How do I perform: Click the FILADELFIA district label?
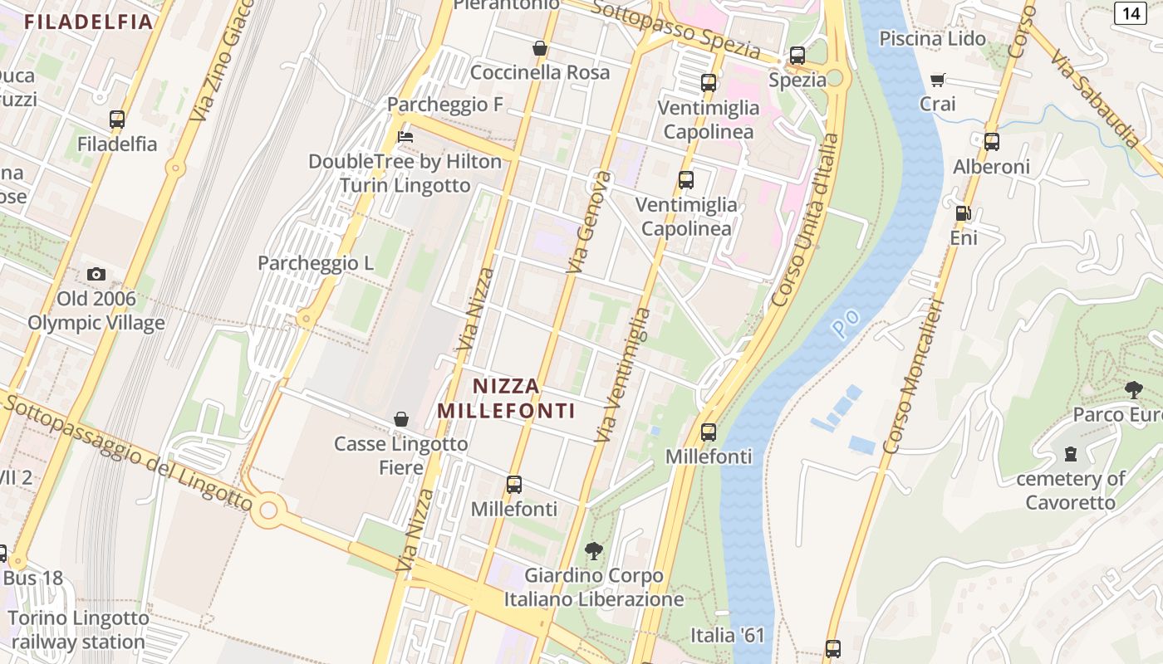tap(88, 22)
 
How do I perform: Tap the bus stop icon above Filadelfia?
tap(117, 120)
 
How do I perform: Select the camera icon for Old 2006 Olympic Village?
tap(96, 274)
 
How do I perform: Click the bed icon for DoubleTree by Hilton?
tap(405, 136)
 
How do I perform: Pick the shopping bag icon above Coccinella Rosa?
tap(540, 48)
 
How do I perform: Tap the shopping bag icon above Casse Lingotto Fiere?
tap(401, 419)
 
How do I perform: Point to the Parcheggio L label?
tap(316, 263)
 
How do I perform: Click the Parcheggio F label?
tap(446, 105)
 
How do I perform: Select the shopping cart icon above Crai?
tap(938, 80)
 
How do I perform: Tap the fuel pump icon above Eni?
tap(964, 213)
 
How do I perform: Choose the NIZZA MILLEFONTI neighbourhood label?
tap(507, 398)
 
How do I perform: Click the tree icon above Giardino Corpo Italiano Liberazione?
tap(593, 550)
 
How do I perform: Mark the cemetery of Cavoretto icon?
tap(1071, 454)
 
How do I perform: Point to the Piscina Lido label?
tap(933, 39)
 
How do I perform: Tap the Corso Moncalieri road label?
tap(914, 378)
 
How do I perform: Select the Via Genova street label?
tap(589, 222)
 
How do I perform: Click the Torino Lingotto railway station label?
tap(79, 630)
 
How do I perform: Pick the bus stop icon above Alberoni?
tap(992, 142)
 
